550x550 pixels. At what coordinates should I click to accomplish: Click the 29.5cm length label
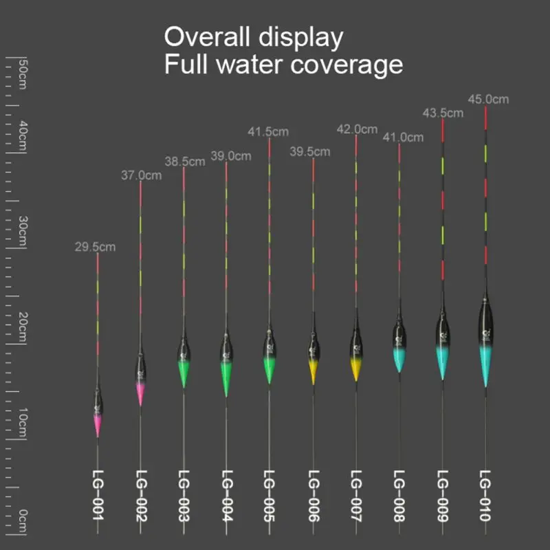[96, 246]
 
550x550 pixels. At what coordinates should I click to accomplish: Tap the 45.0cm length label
[488, 99]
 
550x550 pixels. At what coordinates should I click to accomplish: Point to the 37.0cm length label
[142, 175]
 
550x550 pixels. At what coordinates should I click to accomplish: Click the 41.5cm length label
[268, 131]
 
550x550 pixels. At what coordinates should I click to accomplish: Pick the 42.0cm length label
[357, 129]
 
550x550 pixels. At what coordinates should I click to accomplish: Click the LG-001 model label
[98, 495]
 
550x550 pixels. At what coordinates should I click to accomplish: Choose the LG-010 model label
[485, 495]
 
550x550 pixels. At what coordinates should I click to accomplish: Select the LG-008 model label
[399, 495]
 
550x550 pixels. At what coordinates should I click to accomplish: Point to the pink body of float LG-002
[140, 393]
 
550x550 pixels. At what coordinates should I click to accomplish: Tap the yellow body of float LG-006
[313, 371]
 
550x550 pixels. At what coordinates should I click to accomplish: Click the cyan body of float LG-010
[485, 364]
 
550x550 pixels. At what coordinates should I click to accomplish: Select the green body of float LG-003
[184, 373]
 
